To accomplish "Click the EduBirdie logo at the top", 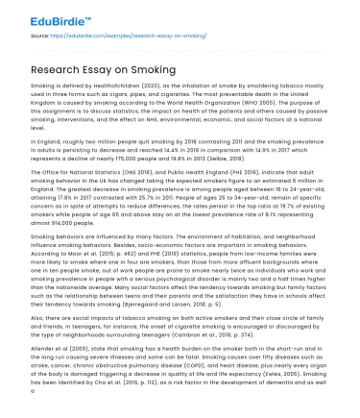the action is click(45, 16).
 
